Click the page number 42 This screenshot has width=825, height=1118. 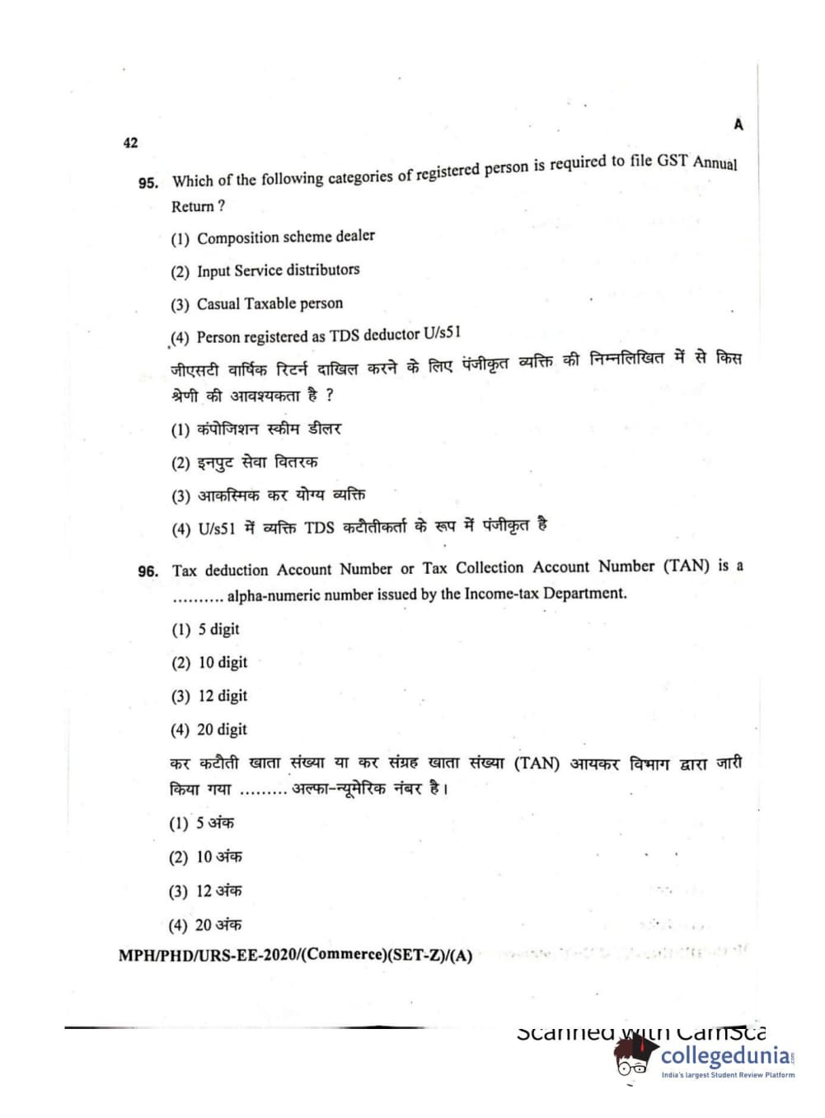click(x=130, y=143)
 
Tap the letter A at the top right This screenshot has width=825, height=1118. click(x=738, y=124)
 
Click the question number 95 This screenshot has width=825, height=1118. click(x=148, y=183)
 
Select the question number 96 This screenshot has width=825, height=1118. click(x=148, y=571)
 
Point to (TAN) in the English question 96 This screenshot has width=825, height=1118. click(x=687, y=566)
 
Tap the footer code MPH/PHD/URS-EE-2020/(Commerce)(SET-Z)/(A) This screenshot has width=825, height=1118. click(x=295, y=956)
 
